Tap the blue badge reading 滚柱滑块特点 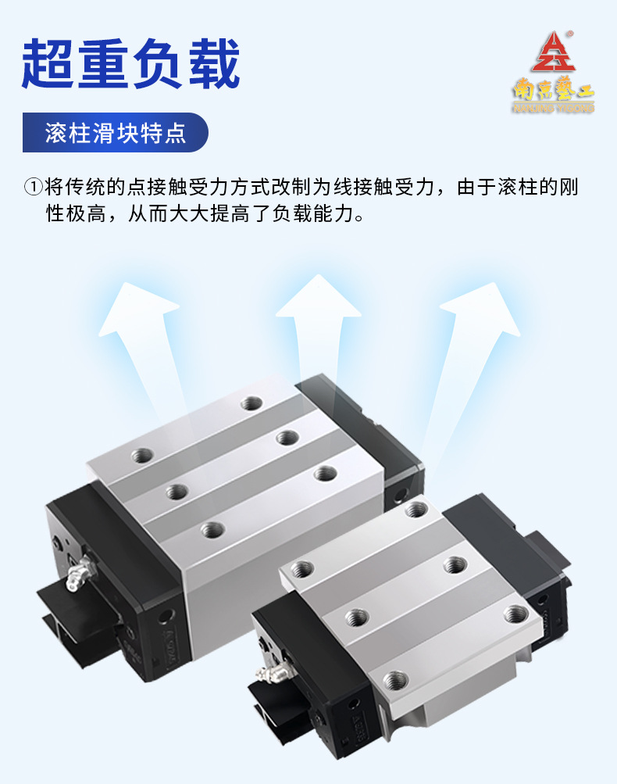tap(115, 133)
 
